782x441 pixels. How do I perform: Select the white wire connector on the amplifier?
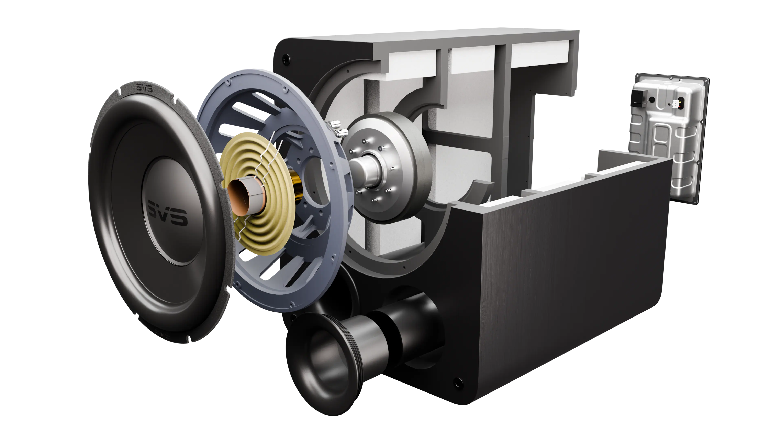coord(676,104)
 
